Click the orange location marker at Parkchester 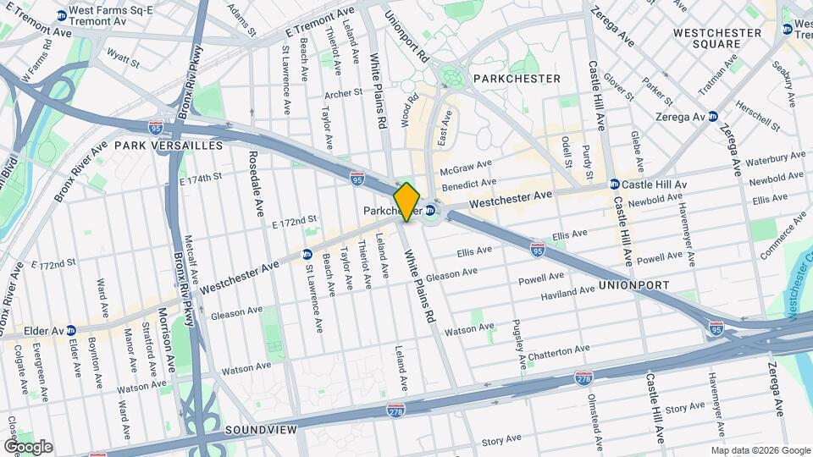coord(406,201)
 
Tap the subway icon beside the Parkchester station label coord(430,211)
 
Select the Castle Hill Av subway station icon coord(614,184)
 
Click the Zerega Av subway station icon coord(713,117)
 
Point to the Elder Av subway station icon coord(71,330)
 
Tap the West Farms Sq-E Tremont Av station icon coord(61,15)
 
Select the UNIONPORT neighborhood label coord(633,286)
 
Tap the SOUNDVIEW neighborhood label coord(261,431)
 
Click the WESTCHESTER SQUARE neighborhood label coord(716,39)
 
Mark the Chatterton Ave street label coord(558,350)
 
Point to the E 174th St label coord(200,177)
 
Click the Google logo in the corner coord(28,447)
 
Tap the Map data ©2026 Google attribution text coord(760,450)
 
